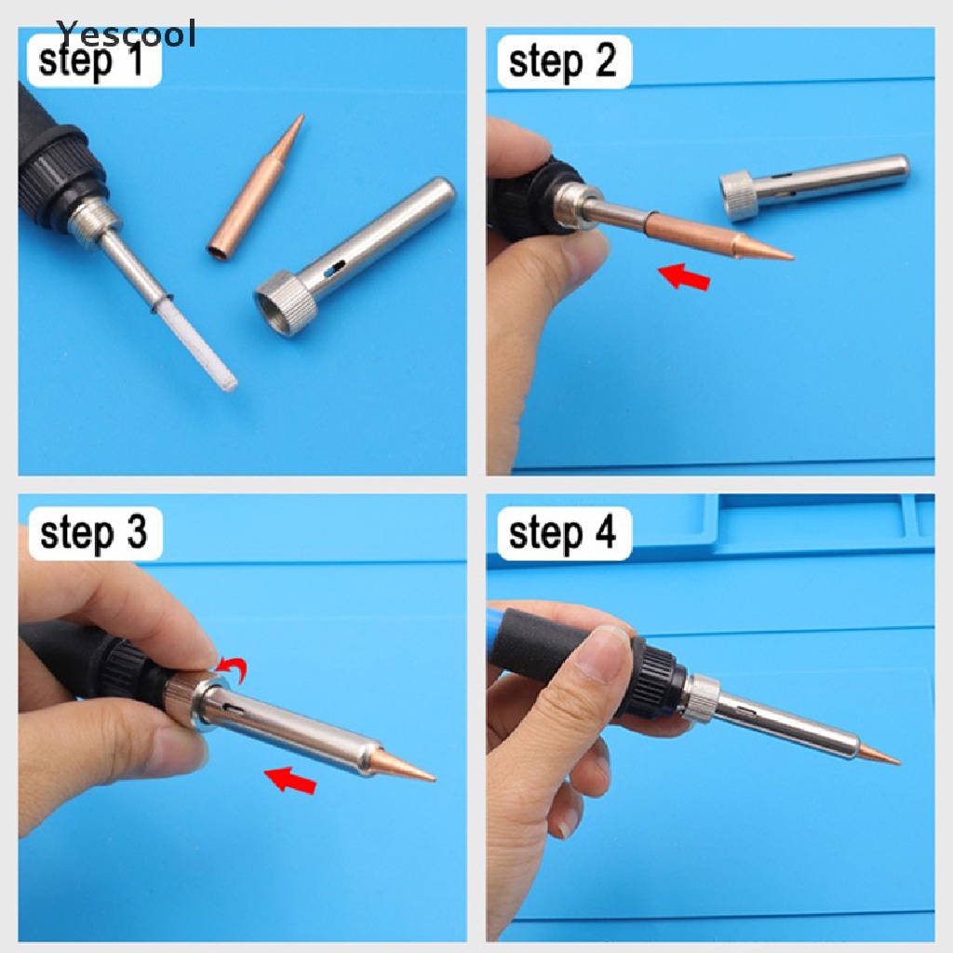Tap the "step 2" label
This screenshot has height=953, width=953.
pyautogui.click(x=563, y=62)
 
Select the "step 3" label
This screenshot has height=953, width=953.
pyautogui.click(x=94, y=533)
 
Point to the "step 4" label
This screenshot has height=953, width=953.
pyautogui.click(x=563, y=533)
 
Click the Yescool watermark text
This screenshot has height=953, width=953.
pyautogui.click(x=127, y=33)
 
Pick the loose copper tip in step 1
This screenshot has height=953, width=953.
pyautogui.click(x=255, y=185)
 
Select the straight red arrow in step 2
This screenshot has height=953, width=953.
pyautogui.click(x=684, y=276)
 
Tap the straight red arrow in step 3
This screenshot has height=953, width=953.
pyautogui.click(x=290, y=780)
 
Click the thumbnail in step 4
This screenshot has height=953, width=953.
pyautogui.click(x=603, y=655)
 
